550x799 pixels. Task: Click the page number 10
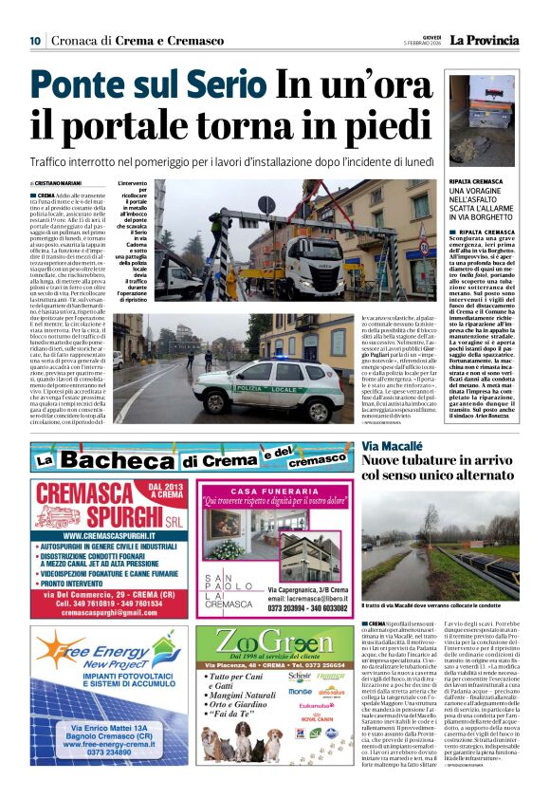coord(34,40)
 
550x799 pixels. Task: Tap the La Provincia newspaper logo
coord(485,40)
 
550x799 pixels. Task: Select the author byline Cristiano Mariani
coord(60,183)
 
